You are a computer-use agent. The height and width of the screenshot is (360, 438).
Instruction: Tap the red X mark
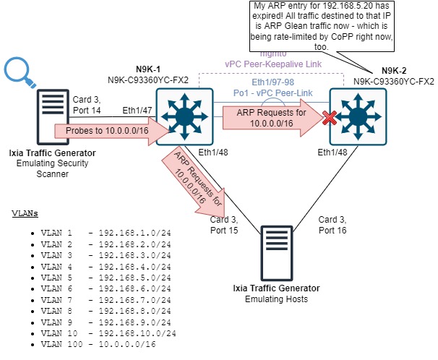click(x=332, y=117)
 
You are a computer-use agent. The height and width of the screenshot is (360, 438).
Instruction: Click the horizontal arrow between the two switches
click(x=271, y=119)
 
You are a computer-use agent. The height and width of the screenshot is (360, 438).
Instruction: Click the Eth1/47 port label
click(x=138, y=111)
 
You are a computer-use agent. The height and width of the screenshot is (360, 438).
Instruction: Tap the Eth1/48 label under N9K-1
click(x=213, y=153)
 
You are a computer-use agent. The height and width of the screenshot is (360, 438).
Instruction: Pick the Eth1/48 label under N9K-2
click(x=332, y=153)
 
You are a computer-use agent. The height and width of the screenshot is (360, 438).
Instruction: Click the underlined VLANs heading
click(x=25, y=213)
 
